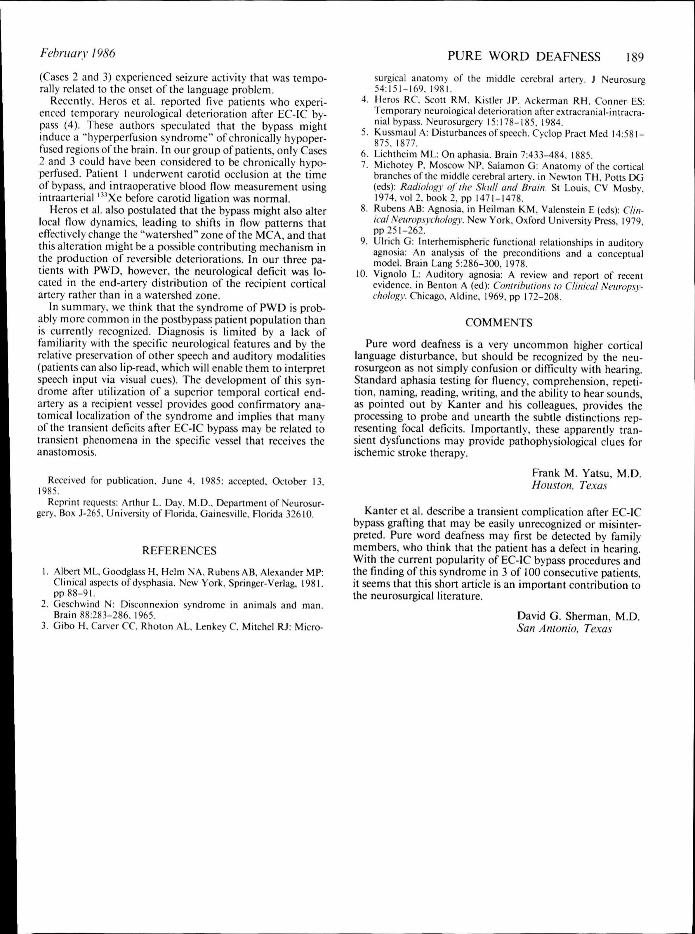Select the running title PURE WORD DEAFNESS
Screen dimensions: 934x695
(x=524, y=56)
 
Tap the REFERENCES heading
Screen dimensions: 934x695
(x=179, y=550)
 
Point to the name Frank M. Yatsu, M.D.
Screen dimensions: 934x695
(x=586, y=473)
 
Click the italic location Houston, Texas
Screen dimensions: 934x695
(x=570, y=485)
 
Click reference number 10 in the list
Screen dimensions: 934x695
(x=362, y=276)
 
